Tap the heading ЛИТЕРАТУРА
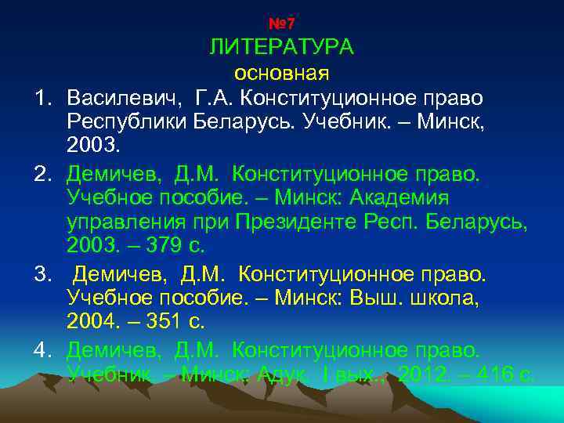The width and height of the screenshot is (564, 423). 281,47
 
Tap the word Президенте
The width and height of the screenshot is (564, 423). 299,222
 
